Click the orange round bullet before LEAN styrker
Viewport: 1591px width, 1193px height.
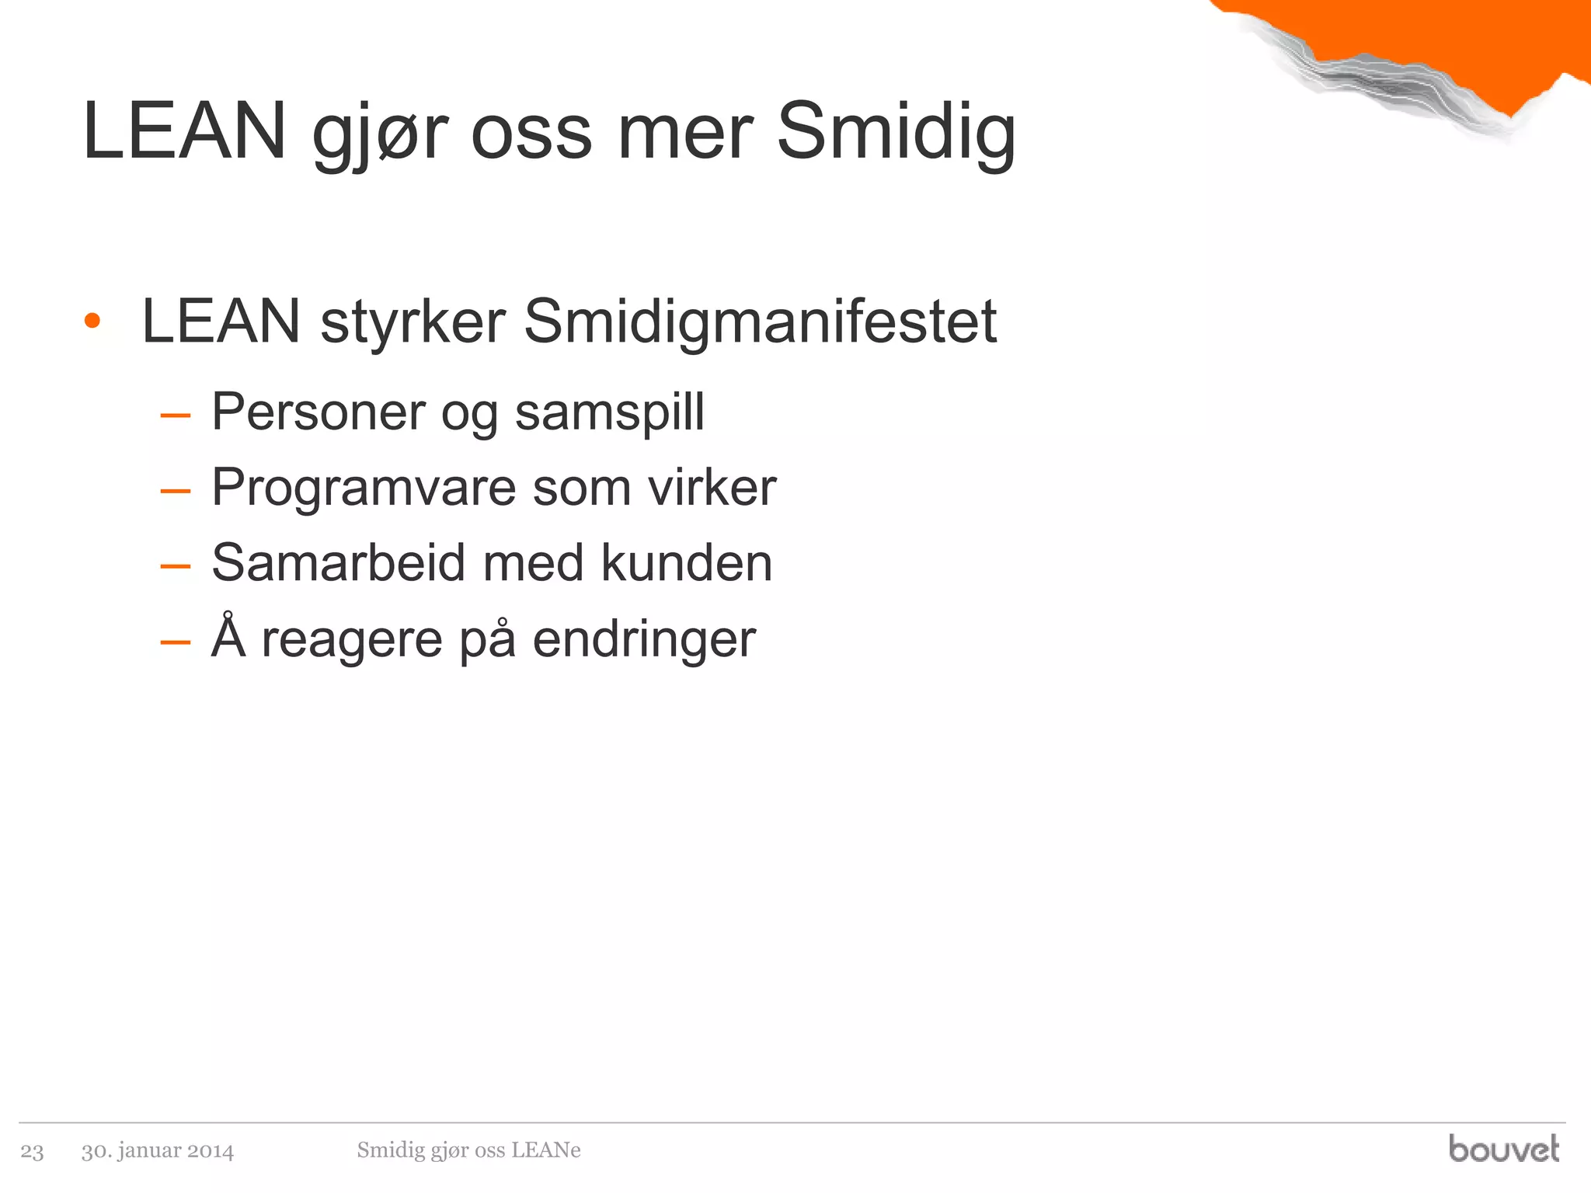92,321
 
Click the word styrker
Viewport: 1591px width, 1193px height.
413,323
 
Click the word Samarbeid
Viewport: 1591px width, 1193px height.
338,562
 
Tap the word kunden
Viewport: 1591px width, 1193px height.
687,562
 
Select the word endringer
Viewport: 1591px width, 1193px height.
644,640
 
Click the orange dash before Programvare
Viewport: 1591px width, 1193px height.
175,491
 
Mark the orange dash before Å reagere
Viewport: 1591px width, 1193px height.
175,642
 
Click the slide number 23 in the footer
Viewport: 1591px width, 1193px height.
32,1151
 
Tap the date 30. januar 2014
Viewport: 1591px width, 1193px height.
158,1150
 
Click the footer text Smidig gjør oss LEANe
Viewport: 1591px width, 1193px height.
468,1150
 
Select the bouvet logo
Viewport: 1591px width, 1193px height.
1503,1148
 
